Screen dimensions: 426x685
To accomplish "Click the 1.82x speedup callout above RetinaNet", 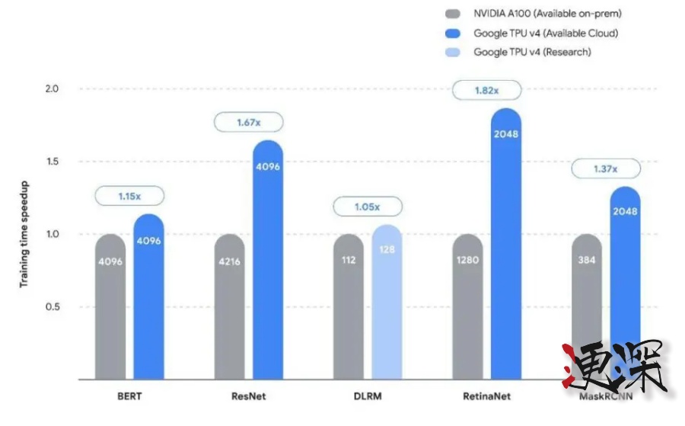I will pos(487,91).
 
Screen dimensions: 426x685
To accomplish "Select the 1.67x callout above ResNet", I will pos(249,122).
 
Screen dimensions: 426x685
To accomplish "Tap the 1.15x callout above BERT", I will pos(129,196).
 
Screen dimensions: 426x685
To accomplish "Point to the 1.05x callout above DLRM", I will pos(368,207).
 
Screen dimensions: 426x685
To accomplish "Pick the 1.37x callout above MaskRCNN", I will pos(605,168).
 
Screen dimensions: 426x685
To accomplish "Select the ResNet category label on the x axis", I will pos(248,396).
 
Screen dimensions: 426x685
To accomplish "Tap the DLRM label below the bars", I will pos(368,396).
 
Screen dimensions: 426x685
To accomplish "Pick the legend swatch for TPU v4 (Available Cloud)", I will pos(454,33).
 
